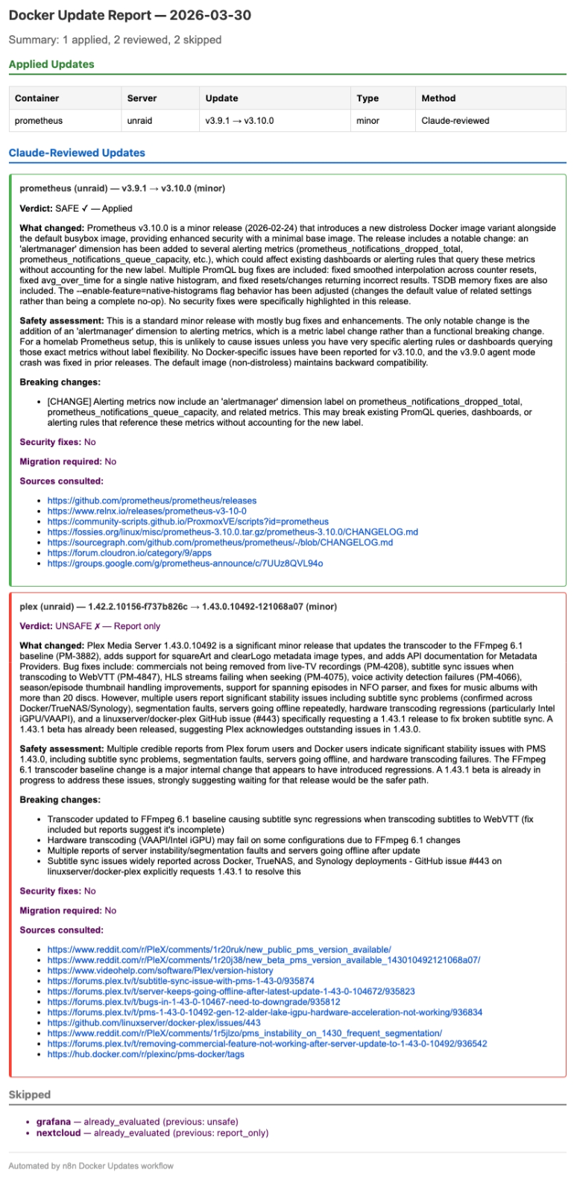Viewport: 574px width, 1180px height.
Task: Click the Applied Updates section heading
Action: (51, 64)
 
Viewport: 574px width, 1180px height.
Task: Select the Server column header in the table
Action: (142, 98)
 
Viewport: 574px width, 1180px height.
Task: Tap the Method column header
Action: (438, 98)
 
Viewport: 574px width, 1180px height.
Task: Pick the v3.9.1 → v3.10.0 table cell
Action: (239, 120)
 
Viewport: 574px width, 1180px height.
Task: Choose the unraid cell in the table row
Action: (139, 120)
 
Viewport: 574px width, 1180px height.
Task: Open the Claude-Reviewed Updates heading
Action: (77, 153)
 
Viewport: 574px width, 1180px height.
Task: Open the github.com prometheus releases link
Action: (151, 501)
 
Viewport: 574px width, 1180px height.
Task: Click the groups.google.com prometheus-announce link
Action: (185, 564)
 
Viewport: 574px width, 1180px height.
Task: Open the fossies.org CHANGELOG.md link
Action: (232, 532)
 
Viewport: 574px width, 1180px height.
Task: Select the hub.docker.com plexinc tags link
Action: (145, 1054)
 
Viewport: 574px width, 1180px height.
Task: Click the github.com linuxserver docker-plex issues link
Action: (154, 1023)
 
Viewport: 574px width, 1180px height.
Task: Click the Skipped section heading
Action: (30, 1094)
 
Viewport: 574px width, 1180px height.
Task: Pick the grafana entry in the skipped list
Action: (54, 1121)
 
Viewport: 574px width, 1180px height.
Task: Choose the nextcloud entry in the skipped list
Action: (57, 1132)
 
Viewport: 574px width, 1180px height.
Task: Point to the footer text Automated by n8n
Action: (90, 1165)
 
